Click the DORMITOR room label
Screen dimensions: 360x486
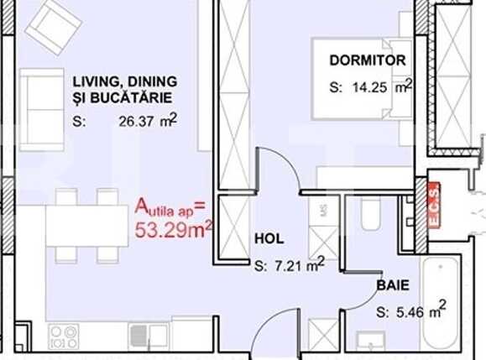368,60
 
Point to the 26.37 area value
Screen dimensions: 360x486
138,121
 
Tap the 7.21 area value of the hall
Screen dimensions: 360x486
290,267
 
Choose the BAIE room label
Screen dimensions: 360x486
392,285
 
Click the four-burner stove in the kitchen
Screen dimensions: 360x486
64,337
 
